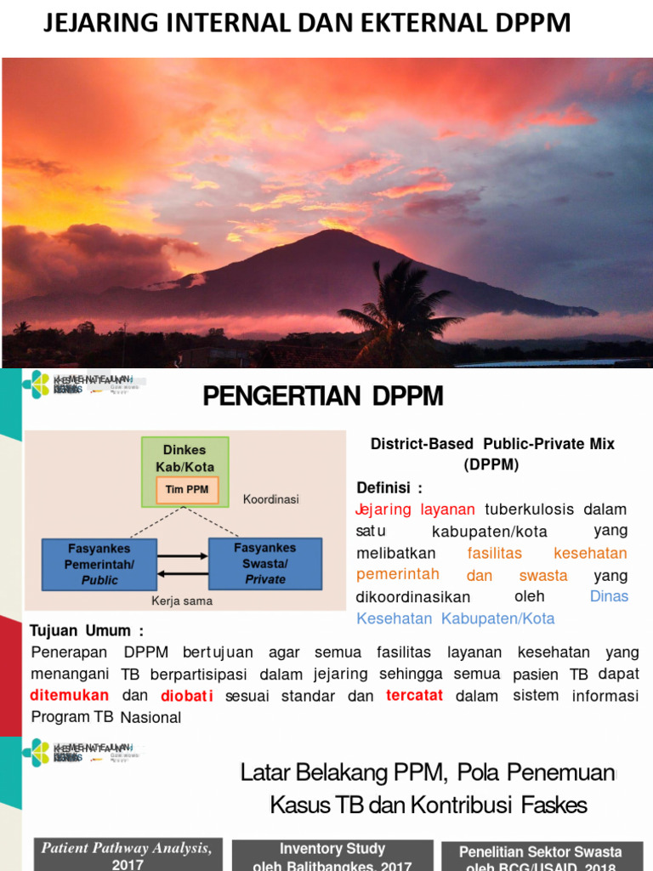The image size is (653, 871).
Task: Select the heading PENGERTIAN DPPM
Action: [x=323, y=396]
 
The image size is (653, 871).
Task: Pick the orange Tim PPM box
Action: [x=188, y=490]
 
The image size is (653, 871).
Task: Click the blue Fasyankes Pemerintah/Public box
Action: [x=100, y=564]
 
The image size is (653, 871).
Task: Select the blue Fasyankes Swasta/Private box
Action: [x=265, y=563]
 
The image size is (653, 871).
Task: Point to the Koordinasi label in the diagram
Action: [x=271, y=499]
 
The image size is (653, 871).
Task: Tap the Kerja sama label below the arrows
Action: [x=182, y=601]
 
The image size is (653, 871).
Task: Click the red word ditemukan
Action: [x=70, y=695]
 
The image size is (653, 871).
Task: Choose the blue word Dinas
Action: [x=609, y=596]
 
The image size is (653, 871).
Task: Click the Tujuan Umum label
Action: [x=87, y=631]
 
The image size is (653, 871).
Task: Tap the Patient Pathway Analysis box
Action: [x=127, y=854]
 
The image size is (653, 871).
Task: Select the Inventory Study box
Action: [x=332, y=856]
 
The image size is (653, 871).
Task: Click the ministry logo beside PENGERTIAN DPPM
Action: [x=37, y=384]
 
